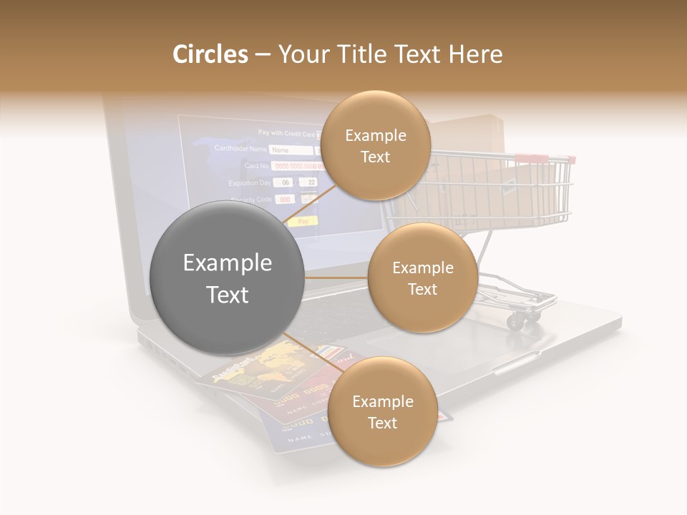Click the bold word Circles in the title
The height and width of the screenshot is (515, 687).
coord(210,54)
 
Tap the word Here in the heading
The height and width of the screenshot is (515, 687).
coord(476,54)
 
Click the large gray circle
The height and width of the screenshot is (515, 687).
coord(227,278)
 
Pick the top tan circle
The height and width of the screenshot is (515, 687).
coord(375,146)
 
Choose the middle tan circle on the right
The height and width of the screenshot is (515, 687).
coord(422,278)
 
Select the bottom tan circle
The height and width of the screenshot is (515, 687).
coord(382,412)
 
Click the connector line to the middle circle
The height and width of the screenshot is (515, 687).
coord(336,278)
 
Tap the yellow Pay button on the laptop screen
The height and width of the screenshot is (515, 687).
coord(303,222)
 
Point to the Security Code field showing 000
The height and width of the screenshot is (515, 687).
coord(286,200)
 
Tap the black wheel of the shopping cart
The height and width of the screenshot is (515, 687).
coord(514,322)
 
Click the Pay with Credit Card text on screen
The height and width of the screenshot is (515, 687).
coord(286,132)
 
